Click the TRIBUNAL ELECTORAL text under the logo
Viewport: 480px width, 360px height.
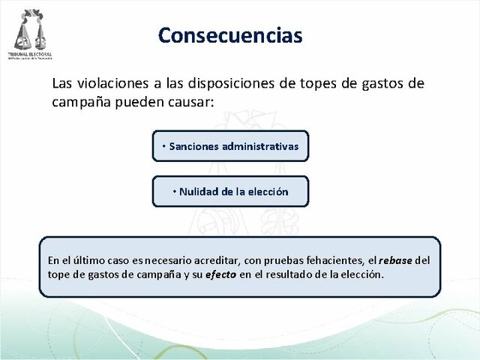point(31,55)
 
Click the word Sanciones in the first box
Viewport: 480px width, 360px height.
point(192,146)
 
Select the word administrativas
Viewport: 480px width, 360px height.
point(258,146)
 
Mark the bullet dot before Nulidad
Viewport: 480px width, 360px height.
point(173,191)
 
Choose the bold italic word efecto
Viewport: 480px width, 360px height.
point(222,274)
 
